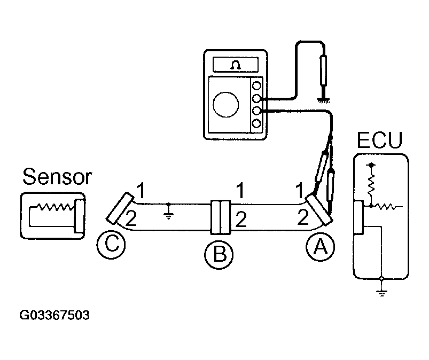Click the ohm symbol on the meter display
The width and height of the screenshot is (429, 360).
coord(233,64)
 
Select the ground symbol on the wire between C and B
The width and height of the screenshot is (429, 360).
coord(169,212)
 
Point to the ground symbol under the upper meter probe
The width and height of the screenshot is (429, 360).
coord(322,99)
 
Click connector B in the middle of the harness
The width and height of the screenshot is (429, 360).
coord(221,217)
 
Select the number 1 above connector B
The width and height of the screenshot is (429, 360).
coord(241,189)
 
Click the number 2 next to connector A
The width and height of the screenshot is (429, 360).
coord(302,216)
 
